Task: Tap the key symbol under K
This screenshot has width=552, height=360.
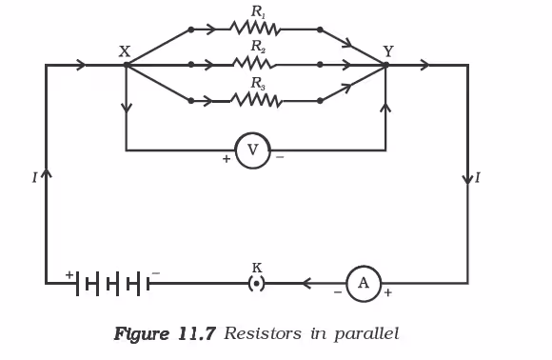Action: (x=257, y=284)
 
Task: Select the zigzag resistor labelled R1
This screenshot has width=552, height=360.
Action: (x=255, y=29)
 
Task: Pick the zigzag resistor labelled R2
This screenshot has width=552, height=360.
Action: (x=254, y=64)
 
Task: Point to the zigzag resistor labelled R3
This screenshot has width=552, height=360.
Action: (x=256, y=100)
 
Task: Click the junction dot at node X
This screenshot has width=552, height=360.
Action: (x=127, y=65)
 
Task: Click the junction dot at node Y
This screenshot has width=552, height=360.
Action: (x=385, y=65)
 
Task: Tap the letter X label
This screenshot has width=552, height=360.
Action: (x=125, y=51)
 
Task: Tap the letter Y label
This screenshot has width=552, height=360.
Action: (x=388, y=51)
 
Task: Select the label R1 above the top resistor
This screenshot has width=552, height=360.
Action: (x=259, y=12)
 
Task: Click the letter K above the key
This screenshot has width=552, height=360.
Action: (x=257, y=268)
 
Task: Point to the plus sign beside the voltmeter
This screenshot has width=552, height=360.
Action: (x=227, y=159)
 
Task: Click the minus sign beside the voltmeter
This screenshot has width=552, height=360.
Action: (x=280, y=157)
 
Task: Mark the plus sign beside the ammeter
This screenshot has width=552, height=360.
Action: (x=387, y=292)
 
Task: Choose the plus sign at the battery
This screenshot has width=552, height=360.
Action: (x=69, y=274)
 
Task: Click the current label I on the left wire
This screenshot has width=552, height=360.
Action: (x=34, y=178)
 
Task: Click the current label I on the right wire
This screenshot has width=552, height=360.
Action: (x=478, y=178)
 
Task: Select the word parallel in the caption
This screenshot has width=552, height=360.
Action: (x=366, y=334)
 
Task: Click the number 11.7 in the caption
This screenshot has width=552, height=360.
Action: (x=197, y=333)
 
